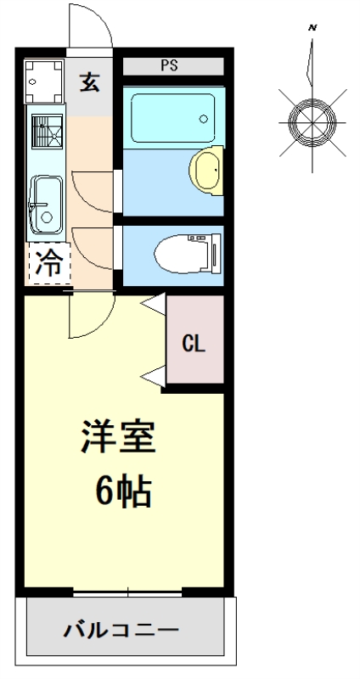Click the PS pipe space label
pyautogui.click(x=169, y=66)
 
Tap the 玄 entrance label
pyautogui.click(x=90, y=81)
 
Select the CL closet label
pyautogui.click(x=194, y=344)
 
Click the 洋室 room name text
pyautogui.click(x=117, y=436)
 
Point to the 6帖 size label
pyautogui.click(x=123, y=492)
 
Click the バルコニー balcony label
pyautogui.click(x=121, y=630)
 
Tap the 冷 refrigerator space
pyautogui.click(x=49, y=263)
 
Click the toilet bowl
pyautogui.click(x=186, y=254)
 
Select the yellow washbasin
pyautogui.click(x=205, y=171)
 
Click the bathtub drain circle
pyautogui.click(x=203, y=119)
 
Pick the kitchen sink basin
pyautogui.click(x=47, y=205)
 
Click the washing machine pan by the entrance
pyautogui.click(x=44, y=81)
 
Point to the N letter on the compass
pyautogui.click(x=312, y=28)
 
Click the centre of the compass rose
pyautogui.click(x=312, y=122)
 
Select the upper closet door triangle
pyautogui.click(x=154, y=305)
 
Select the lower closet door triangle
pyautogui.click(x=154, y=376)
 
